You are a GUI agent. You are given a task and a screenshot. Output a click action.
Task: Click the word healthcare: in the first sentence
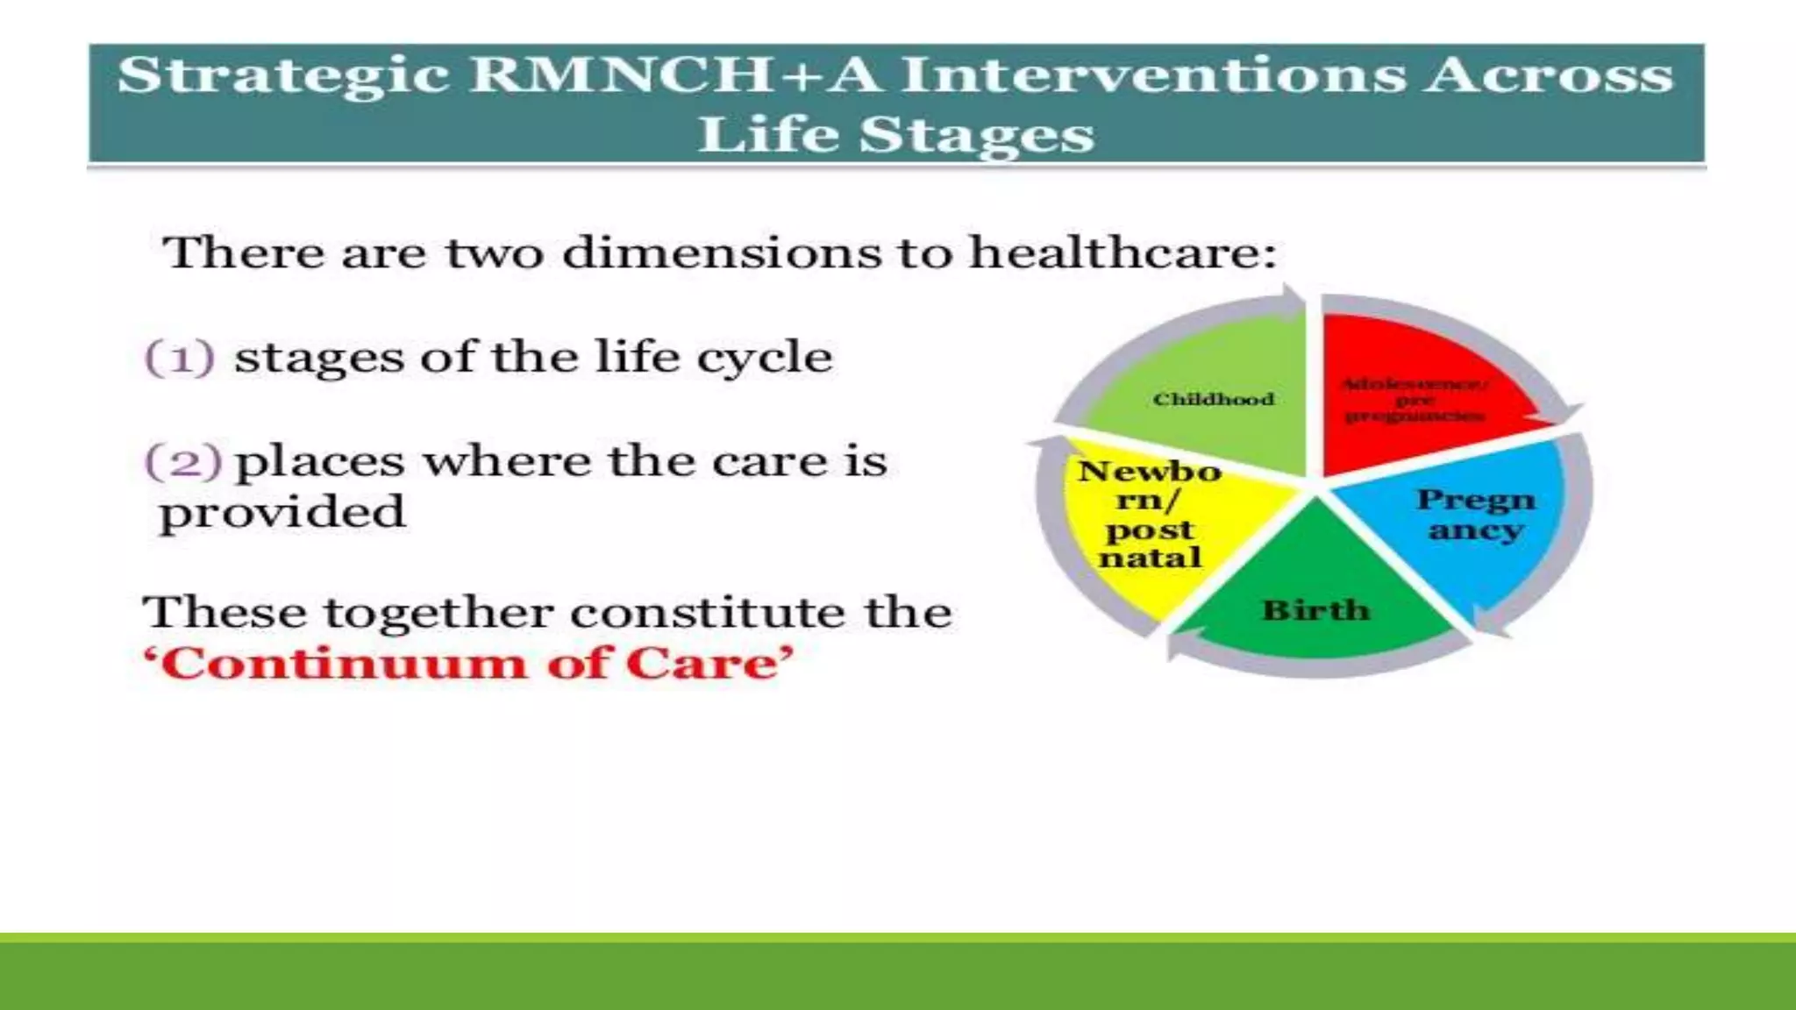1122,254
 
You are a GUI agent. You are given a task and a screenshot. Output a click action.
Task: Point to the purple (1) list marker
179,358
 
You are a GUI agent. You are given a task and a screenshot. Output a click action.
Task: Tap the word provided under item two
282,513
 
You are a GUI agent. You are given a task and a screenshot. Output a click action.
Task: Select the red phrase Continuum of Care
469,664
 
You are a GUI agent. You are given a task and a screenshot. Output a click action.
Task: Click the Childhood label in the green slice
1213,400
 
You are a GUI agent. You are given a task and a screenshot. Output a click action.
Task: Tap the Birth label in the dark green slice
1315,610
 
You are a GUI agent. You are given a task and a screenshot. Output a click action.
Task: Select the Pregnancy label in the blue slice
1476,515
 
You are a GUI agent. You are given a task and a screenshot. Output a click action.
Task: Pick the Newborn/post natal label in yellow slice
1150,515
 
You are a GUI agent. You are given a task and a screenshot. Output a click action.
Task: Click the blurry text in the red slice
1415,400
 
